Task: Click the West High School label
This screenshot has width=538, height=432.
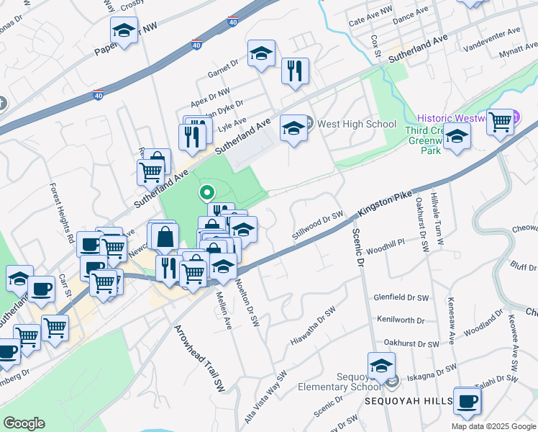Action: click(357, 124)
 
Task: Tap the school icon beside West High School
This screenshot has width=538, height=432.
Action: click(293, 128)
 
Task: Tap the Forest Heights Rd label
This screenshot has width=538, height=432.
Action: click(62, 212)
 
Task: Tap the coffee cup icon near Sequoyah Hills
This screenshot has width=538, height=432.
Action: click(467, 401)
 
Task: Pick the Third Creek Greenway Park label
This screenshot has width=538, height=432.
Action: click(428, 141)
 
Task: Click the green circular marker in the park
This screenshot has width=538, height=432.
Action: click(206, 192)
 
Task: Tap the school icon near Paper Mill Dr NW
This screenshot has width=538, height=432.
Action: click(124, 30)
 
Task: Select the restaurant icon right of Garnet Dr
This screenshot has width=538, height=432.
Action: click(295, 71)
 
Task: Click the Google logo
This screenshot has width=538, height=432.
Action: click(24, 423)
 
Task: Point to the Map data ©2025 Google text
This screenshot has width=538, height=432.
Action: click(493, 426)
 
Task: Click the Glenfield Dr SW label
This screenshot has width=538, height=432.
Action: click(401, 297)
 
